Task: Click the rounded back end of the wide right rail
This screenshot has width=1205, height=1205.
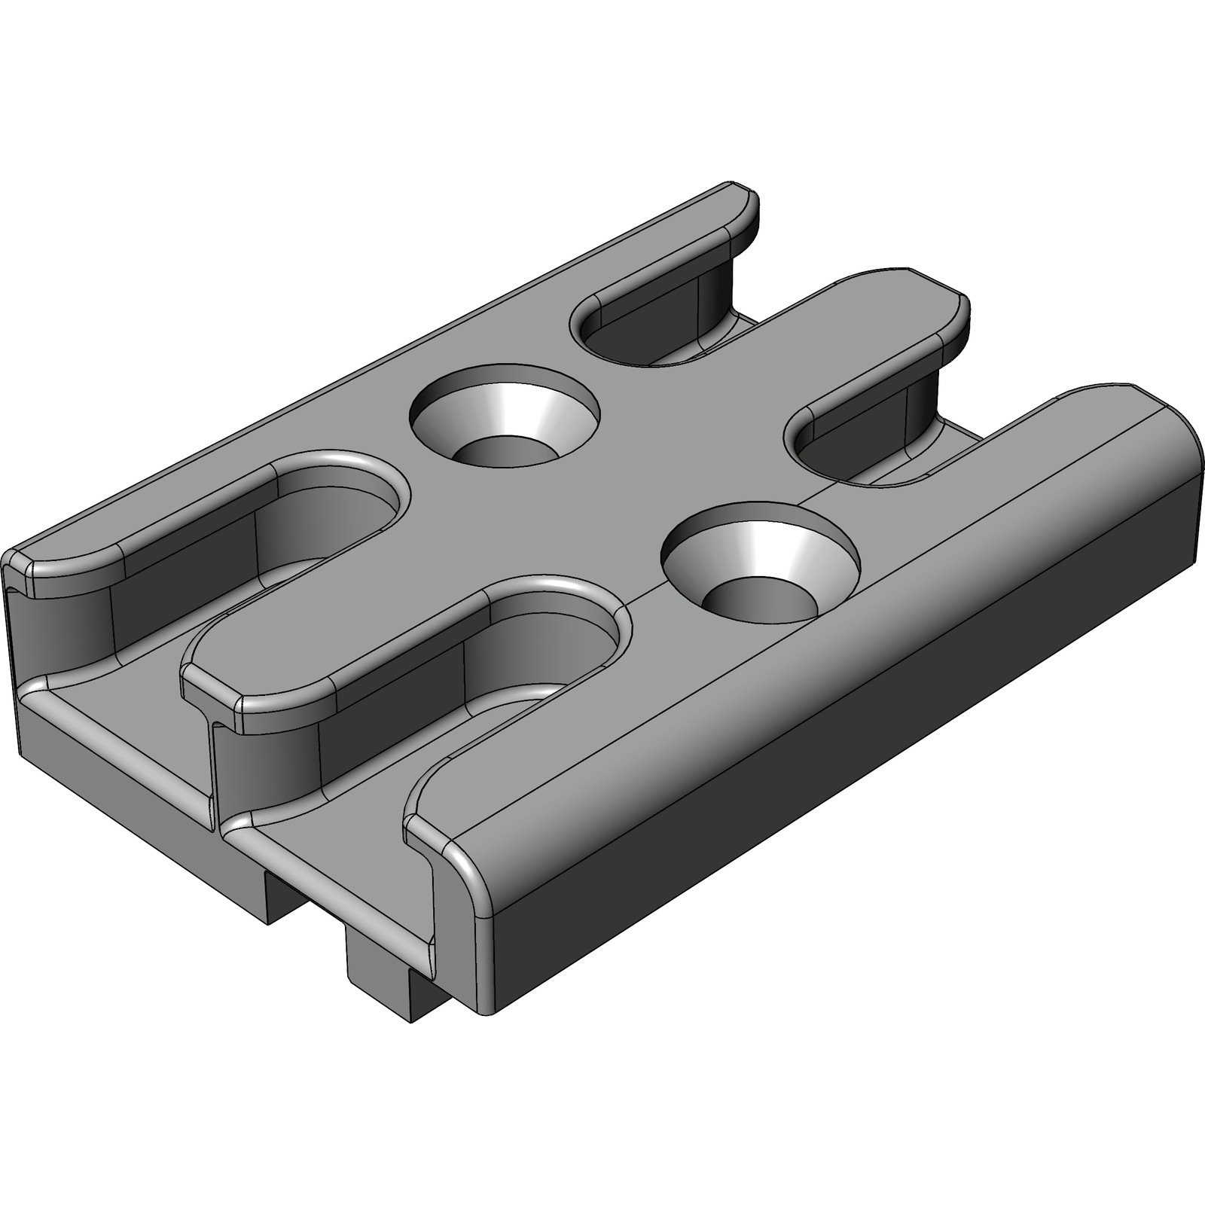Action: point(1175,437)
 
